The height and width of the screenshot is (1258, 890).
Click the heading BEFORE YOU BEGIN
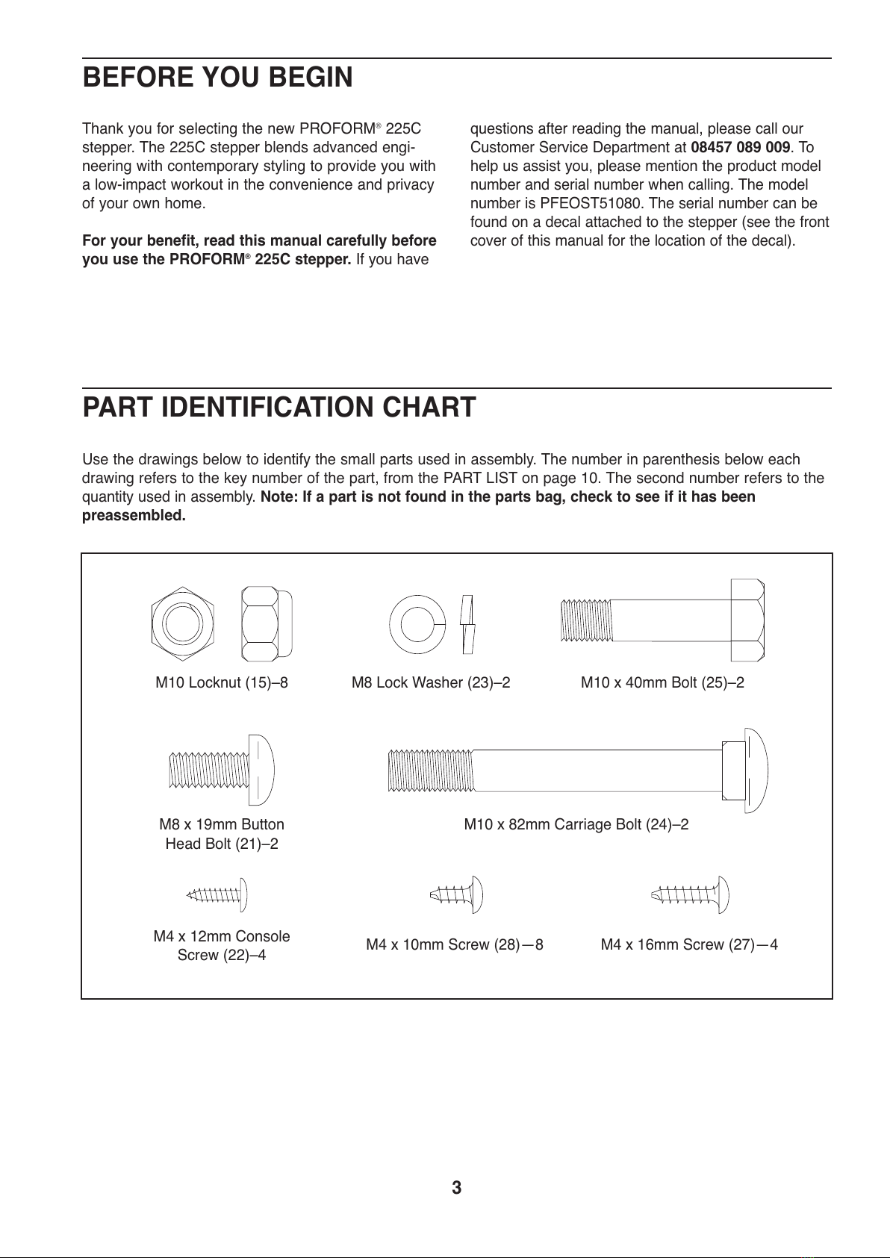click(217, 78)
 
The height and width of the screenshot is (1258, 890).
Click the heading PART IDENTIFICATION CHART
click(278, 408)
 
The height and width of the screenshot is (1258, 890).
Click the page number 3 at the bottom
click(457, 1188)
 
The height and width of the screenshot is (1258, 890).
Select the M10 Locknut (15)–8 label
click(222, 682)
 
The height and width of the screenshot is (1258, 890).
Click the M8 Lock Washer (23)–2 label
click(431, 682)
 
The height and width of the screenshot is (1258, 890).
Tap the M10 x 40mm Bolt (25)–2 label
click(662, 682)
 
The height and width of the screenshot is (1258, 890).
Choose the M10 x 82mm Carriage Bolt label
click(576, 824)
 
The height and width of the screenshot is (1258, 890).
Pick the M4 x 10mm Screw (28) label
click(454, 944)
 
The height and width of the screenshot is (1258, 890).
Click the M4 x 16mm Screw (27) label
click(689, 944)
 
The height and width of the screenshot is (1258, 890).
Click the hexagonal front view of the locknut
click(183, 622)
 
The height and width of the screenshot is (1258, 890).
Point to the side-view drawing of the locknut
click(266, 622)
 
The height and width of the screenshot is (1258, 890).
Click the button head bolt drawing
click(222, 769)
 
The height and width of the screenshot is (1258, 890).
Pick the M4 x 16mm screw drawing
click(691, 893)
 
